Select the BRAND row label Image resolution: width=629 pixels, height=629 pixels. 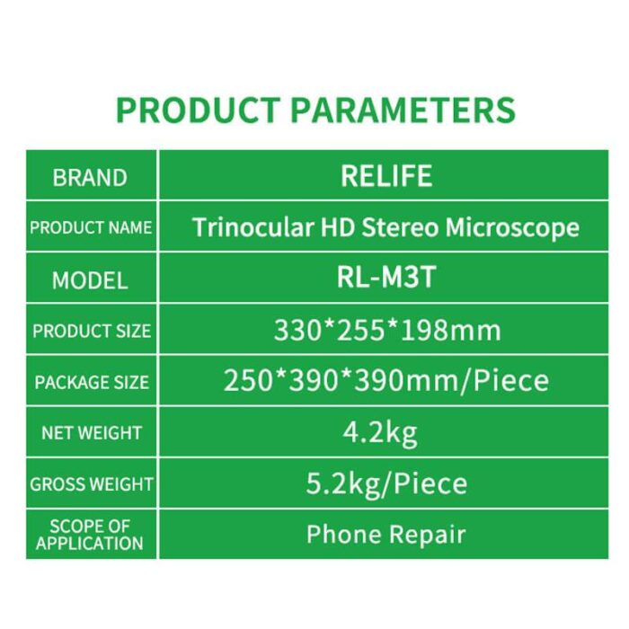click(x=90, y=177)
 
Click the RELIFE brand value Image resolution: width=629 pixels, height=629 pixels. click(x=386, y=176)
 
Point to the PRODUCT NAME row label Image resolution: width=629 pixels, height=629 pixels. click(x=91, y=227)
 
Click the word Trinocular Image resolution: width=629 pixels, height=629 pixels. click(x=253, y=227)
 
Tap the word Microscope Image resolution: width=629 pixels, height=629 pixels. click(x=512, y=228)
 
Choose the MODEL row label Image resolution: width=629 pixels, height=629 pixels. click(x=90, y=279)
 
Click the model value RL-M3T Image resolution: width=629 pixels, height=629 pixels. click(x=385, y=277)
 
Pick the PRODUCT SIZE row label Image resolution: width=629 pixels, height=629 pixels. click(x=92, y=331)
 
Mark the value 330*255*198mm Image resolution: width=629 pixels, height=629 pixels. click(x=387, y=331)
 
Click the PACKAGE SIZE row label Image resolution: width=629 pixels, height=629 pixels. click(x=92, y=382)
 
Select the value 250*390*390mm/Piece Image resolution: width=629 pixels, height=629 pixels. click(x=385, y=381)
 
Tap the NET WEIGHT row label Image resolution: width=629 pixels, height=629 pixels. click(x=92, y=433)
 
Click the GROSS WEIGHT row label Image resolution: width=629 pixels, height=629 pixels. click(x=92, y=484)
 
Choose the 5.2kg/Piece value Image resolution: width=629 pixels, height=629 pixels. click(x=386, y=483)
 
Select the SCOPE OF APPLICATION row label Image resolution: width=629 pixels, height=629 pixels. click(x=90, y=535)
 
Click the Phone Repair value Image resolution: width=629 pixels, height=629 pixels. click(x=385, y=535)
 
